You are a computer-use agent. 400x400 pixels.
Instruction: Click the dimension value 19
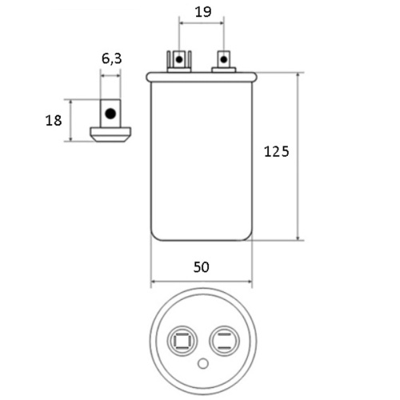[203, 12]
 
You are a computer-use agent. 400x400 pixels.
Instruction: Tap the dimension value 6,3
[112, 58]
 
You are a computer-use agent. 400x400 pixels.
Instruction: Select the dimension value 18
[54, 120]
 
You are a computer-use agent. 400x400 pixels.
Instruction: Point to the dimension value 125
[277, 151]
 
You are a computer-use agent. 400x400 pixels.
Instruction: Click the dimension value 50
[202, 267]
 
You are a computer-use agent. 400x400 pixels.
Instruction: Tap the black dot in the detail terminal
[110, 114]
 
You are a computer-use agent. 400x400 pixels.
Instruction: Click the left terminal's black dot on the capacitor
[179, 59]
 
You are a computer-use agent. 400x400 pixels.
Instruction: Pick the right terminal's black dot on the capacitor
[224, 59]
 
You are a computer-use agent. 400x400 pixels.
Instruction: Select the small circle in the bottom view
[203, 364]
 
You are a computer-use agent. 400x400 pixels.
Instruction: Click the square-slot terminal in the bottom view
[182, 341]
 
